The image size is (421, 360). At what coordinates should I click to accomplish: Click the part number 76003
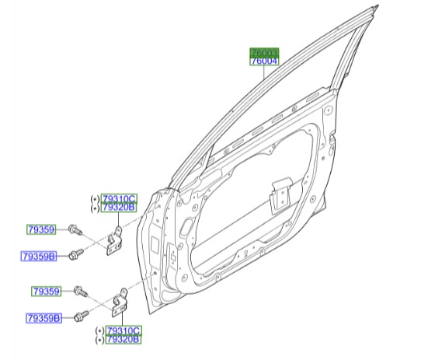pyautogui.click(x=264, y=52)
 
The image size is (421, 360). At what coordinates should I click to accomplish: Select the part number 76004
pyautogui.click(x=264, y=61)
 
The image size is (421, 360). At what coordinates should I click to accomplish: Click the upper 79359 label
pyautogui.click(x=40, y=229)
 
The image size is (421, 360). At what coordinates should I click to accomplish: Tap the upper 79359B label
pyautogui.click(x=38, y=255)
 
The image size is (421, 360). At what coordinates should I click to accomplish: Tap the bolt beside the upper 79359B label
pyautogui.click(x=76, y=253)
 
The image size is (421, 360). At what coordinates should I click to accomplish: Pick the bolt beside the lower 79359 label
pyautogui.click(x=81, y=292)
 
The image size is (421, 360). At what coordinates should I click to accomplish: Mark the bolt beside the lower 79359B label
pyautogui.click(x=82, y=316)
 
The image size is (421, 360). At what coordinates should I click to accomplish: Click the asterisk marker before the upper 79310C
pyautogui.click(x=96, y=198)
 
